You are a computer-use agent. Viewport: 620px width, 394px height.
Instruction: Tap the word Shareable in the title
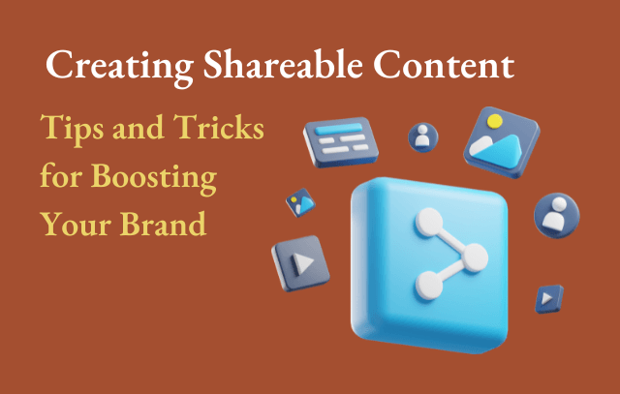[x=254, y=69]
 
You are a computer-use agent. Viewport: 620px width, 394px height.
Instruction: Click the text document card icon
[x=336, y=143]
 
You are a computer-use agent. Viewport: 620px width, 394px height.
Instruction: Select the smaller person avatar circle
[x=422, y=137]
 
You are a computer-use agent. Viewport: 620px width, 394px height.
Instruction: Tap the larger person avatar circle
[x=556, y=216]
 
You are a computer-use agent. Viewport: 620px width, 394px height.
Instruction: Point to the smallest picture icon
[x=298, y=202]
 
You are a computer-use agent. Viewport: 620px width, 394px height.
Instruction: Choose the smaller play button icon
[x=547, y=298]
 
